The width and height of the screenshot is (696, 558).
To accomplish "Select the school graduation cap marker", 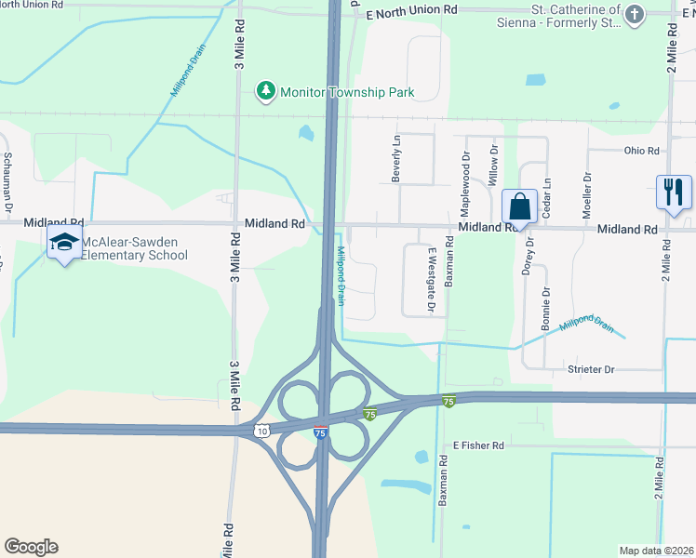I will point(63,244).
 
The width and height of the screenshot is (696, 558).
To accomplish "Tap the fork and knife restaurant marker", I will point(673,192).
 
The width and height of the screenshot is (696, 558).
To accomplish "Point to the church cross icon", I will point(635,14).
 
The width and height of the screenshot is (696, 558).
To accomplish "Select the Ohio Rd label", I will point(641,151).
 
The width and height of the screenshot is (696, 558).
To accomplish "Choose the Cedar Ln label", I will point(546,195).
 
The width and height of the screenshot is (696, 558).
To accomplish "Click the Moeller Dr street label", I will point(586,195).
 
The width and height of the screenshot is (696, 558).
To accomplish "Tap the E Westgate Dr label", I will point(432,279).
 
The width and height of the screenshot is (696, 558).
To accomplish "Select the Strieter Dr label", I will point(592,370).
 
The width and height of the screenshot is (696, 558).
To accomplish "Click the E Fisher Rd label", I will point(478,446).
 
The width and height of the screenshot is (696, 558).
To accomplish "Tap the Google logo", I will point(31,547).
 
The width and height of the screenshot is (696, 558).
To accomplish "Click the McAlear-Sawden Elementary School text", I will point(135,248).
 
